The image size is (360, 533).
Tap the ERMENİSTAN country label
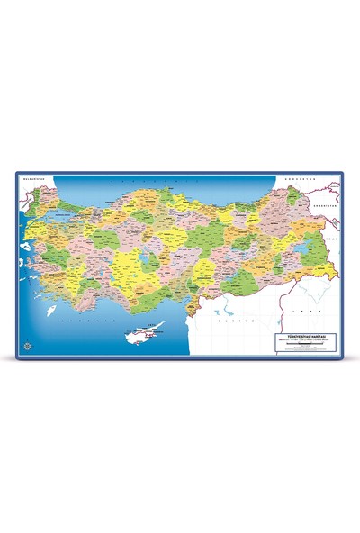pos(322,204)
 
